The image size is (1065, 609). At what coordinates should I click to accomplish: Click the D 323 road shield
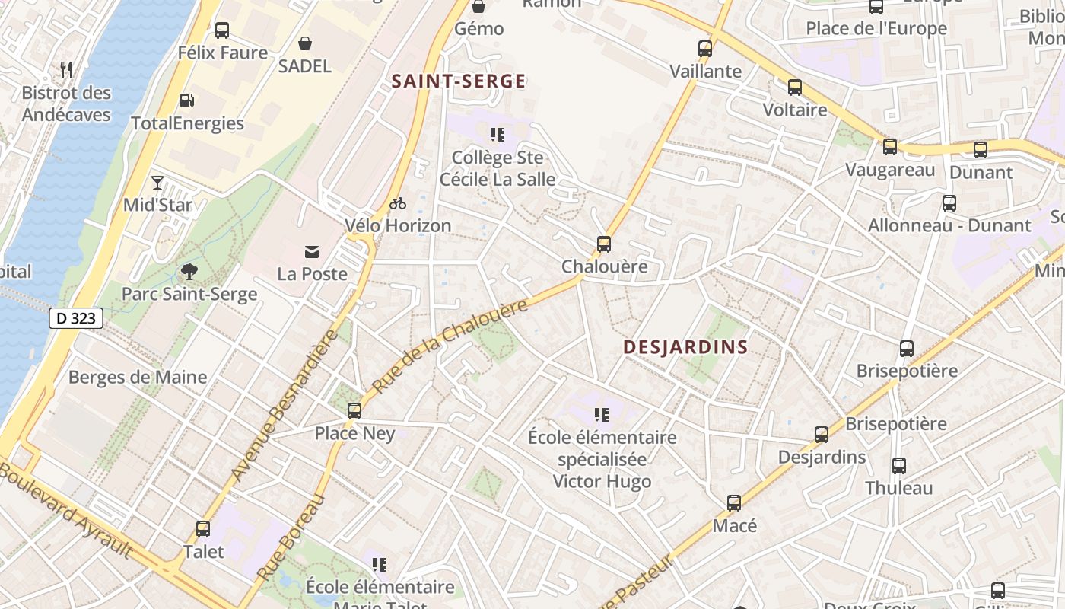click(76, 318)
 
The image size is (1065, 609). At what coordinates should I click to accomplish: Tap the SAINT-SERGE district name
click(459, 81)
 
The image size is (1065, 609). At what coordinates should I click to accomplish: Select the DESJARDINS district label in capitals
click(685, 347)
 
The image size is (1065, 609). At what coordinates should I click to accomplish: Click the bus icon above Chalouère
click(604, 244)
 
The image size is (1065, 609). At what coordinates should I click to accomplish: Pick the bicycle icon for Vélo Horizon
click(397, 203)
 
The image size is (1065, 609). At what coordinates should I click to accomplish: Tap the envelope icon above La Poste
click(312, 252)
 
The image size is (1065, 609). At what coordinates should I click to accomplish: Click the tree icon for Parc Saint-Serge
click(189, 271)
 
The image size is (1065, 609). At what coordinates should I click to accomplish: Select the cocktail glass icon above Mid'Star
click(157, 183)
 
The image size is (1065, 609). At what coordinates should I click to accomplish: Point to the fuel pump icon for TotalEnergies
click(186, 100)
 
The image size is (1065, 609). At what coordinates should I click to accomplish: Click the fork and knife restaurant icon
click(66, 70)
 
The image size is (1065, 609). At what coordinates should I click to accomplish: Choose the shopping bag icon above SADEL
click(305, 43)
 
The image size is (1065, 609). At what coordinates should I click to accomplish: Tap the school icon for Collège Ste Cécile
click(498, 136)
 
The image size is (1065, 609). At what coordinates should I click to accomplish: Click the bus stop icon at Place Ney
click(354, 411)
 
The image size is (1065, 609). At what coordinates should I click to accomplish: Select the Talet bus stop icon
click(203, 529)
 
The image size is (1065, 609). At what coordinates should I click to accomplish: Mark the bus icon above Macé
click(734, 503)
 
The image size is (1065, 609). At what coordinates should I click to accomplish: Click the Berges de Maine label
click(138, 377)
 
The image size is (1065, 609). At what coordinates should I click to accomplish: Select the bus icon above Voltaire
click(795, 88)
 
